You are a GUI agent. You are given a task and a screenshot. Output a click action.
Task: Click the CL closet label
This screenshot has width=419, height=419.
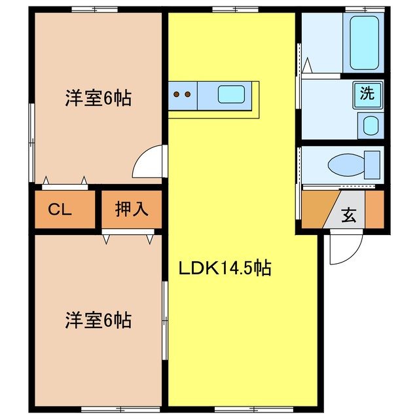pyautogui.click(x=60, y=209)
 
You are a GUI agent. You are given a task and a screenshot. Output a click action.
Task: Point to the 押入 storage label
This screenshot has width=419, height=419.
pyautogui.click(x=132, y=209)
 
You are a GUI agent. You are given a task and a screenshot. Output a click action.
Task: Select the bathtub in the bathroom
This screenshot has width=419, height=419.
pyautogui.click(x=365, y=43)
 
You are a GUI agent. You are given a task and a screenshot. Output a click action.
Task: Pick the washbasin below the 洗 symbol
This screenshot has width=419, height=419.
pyautogui.click(x=371, y=125)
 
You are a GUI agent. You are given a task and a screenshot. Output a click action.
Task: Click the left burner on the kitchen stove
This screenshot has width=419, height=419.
pyautogui.click(x=177, y=94)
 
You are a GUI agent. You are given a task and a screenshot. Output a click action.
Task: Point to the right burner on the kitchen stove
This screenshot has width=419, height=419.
pyautogui.click(x=188, y=94)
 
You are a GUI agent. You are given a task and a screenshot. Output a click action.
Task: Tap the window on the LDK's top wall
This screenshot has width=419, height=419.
pyautogui.click(x=226, y=9)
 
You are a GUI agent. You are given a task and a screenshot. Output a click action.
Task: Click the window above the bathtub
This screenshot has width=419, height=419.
pyautogui.click(x=365, y=9)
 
